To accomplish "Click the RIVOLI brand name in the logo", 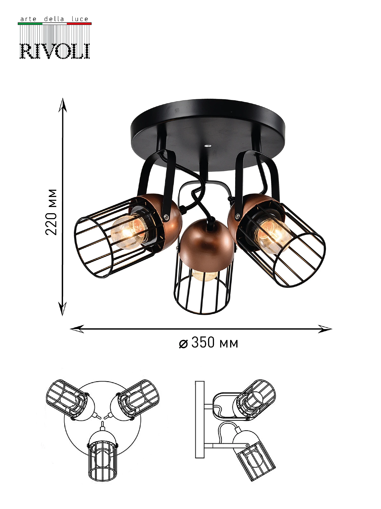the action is coord(55,51).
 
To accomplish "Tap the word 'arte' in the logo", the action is coord(28,19).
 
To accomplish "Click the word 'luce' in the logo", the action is coord(80,19).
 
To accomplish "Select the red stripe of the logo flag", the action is coord(79,24).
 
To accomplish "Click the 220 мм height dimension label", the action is coord(51,212).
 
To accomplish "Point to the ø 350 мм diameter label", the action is coord(209,343).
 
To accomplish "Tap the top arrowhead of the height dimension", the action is coord(63,105).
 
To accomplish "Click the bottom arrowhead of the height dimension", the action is coord(62,309).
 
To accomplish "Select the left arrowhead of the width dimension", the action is coord(77,329).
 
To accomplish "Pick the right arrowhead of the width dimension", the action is coord(325,329).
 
